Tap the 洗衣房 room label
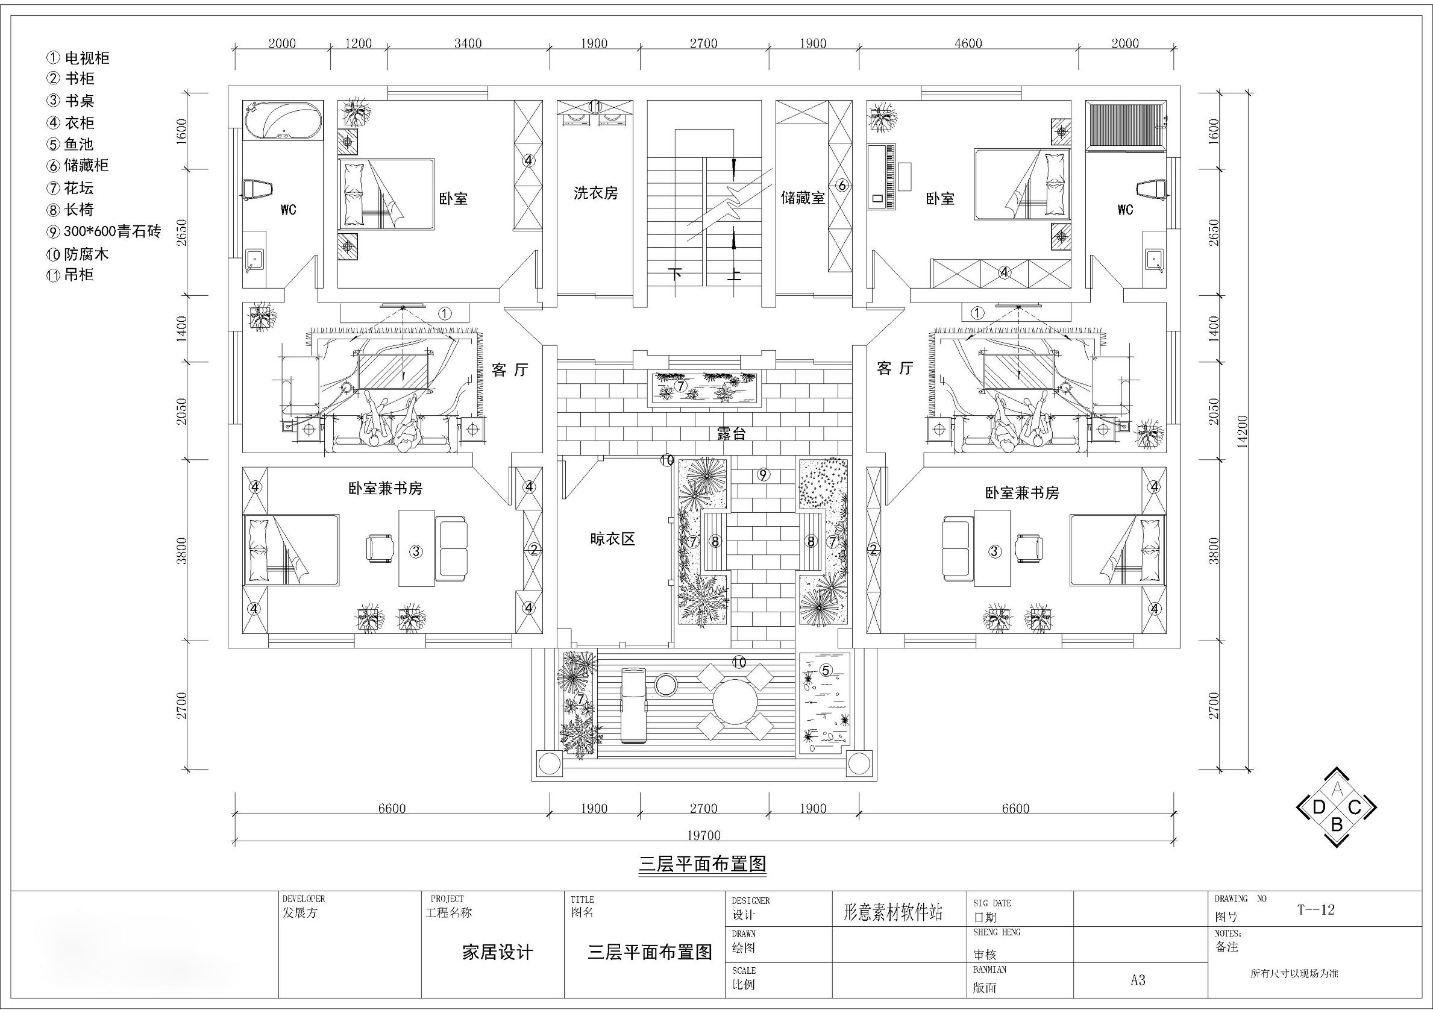pos(595,193)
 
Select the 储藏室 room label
pos(803,198)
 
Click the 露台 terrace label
pos(731,434)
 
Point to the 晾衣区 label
pos(612,539)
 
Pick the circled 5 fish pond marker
pos(825,670)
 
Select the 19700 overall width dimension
pos(703,835)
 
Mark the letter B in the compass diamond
pos(1336,824)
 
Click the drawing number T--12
pos(1315,909)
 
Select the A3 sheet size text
pos(1138,980)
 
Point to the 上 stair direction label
pos(733,275)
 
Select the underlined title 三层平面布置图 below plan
pos(703,864)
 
